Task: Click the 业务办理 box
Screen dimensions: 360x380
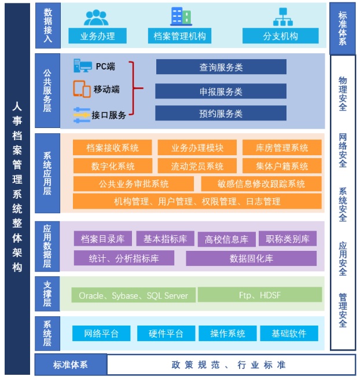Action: (97, 36)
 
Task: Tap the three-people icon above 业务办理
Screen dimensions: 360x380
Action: (96, 18)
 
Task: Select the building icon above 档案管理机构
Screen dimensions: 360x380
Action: (181, 16)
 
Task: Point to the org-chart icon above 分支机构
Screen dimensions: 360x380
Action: (283, 17)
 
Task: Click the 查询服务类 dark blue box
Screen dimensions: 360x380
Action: (221, 67)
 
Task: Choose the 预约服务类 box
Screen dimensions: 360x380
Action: (221, 113)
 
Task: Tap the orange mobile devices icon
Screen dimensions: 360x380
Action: (82, 89)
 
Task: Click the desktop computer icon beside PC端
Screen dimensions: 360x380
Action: (83, 65)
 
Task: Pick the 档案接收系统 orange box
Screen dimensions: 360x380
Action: (112, 147)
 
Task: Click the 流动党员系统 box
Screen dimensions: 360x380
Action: (197, 166)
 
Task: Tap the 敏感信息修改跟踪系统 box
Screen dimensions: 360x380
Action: (261, 184)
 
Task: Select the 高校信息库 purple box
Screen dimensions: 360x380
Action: (227, 239)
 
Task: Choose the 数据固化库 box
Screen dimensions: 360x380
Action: (251, 258)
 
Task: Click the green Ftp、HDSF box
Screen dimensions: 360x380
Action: (260, 295)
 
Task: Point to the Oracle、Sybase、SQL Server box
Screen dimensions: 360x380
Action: (133, 295)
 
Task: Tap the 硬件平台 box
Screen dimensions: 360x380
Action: (166, 333)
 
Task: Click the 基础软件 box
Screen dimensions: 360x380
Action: (289, 333)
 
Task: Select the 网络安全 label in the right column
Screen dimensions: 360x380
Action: (343, 150)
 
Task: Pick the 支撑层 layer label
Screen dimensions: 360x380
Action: (47, 294)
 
